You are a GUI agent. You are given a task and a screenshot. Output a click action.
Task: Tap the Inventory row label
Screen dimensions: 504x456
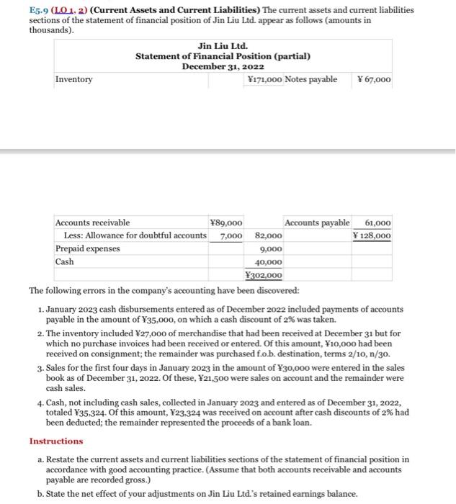point(74,79)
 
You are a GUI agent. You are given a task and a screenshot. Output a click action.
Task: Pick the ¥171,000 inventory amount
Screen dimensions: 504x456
point(264,79)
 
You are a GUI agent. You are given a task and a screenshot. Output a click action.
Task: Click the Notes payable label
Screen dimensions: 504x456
point(311,79)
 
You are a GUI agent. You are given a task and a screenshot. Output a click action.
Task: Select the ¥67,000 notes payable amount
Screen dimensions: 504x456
point(374,79)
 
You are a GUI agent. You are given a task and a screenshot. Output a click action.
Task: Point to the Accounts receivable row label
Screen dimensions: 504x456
point(93,223)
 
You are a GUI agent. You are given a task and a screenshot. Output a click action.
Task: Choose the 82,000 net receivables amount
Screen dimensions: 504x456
point(269,236)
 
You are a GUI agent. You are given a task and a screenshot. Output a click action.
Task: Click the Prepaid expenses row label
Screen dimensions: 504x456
point(89,249)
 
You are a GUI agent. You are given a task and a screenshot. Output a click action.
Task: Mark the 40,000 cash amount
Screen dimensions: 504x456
point(269,262)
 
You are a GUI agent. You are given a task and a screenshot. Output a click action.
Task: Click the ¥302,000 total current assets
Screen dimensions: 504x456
point(264,275)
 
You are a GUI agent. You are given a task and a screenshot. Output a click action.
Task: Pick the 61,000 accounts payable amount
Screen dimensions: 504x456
point(378,223)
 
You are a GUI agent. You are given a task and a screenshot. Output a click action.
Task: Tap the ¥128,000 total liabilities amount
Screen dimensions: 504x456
point(372,236)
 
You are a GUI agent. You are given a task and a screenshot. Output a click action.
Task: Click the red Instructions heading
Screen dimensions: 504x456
point(56,441)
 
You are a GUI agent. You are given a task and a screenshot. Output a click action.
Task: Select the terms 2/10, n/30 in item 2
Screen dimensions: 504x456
point(359,354)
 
